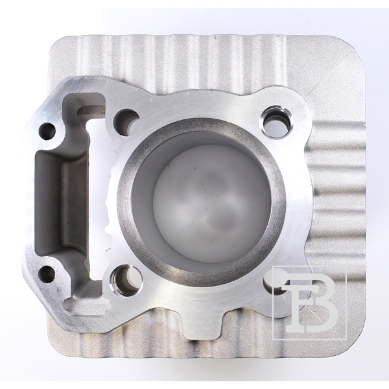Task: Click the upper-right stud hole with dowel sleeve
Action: [277, 121]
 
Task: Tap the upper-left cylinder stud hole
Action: [126, 121]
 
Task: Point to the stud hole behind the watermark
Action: [276, 284]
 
